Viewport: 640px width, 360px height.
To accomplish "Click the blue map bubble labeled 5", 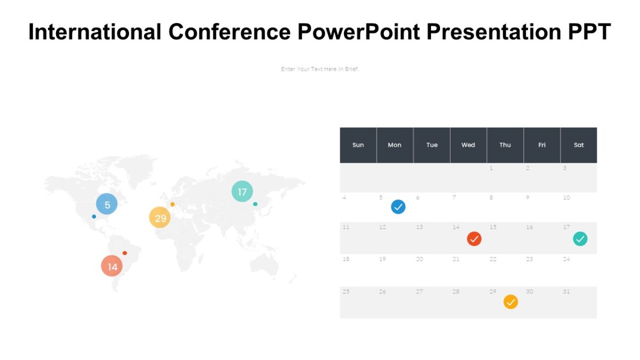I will tap(107, 204).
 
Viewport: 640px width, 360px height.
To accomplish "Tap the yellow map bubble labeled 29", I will tap(159, 218).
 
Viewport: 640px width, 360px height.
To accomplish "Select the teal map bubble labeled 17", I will tap(242, 191).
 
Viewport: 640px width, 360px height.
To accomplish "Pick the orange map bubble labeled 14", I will tap(112, 266).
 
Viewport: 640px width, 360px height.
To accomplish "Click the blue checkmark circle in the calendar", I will tap(398, 207).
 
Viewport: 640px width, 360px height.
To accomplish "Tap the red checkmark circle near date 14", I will tap(474, 238).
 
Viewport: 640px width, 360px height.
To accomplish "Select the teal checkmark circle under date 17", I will tap(580, 238).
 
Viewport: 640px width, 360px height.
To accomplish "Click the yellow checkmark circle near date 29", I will tap(510, 302).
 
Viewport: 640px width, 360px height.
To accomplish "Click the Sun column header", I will tap(358, 145).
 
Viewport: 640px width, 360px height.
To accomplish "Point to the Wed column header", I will tap(468, 145).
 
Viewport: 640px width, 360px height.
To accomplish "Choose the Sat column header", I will tap(579, 145).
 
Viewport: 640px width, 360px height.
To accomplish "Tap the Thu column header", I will tap(505, 145).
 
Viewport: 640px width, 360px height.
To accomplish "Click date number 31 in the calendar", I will tap(566, 292).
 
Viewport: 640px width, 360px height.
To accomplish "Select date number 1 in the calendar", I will tap(491, 169).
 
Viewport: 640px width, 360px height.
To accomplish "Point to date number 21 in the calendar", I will tap(456, 259).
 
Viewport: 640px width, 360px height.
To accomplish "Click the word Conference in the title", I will tap(229, 33).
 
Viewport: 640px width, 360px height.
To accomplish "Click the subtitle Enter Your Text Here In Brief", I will tap(320, 69).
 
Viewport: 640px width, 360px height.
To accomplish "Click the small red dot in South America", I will tap(125, 253).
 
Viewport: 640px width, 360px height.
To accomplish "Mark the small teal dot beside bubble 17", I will tap(255, 204).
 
